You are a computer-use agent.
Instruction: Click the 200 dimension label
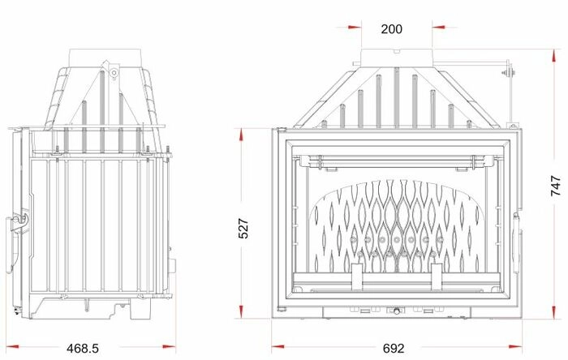[x=391, y=29]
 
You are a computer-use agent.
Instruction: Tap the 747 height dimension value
[x=556, y=186]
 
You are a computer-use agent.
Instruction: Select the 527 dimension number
[x=243, y=229]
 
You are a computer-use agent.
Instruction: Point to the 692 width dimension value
[x=393, y=348]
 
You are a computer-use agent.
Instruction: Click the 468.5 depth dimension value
[x=83, y=348]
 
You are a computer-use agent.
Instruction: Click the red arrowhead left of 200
[x=355, y=27]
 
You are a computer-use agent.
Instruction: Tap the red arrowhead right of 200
[x=439, y=27]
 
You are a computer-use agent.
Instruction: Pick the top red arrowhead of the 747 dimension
[x=554, y=56]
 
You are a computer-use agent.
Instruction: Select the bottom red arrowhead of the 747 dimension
[x=554, y=312]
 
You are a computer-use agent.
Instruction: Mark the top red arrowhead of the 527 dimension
[x=241, y=135]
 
